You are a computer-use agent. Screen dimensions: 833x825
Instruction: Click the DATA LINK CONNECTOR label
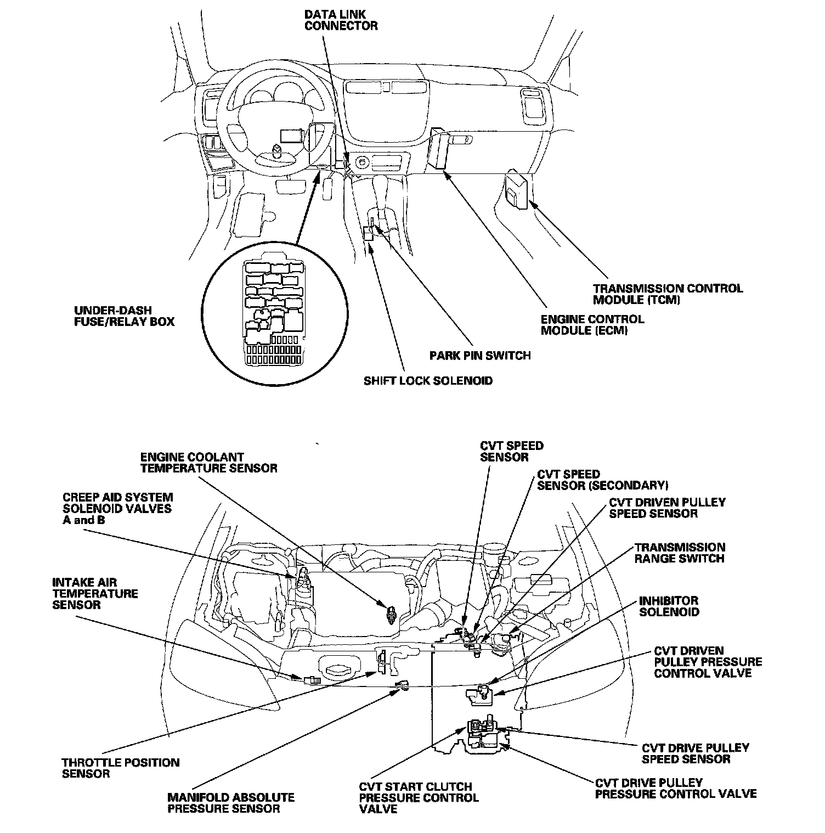tap(341, 19)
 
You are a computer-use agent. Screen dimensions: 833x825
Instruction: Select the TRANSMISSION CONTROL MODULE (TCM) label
tap(668, 294)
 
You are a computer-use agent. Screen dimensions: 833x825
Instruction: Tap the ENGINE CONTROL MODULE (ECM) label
tap(592, 325)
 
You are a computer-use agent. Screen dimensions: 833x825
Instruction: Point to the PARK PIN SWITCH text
tap(480, 356)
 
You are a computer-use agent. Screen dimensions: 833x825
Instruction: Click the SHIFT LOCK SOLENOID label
tap(428, 381)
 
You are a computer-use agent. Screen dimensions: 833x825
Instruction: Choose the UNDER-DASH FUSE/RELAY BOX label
tap(124, 316)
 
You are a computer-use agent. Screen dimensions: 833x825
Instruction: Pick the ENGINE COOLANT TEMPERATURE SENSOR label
tap(208, 463)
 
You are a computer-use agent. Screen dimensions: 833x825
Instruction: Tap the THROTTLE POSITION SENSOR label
tap(120, 768)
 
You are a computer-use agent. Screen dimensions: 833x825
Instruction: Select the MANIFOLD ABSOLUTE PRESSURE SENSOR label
tap(231, 803)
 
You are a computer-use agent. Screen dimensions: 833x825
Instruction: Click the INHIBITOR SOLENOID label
tap(669, 606)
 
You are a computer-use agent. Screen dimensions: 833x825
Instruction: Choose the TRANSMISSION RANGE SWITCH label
tap(680, 553)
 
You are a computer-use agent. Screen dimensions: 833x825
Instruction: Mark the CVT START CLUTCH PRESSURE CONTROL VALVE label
tap(419, 798)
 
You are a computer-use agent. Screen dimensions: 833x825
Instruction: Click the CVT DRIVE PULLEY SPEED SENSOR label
tap(695, 753)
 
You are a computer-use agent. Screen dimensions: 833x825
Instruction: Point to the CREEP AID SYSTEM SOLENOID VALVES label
tap(117, 508)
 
